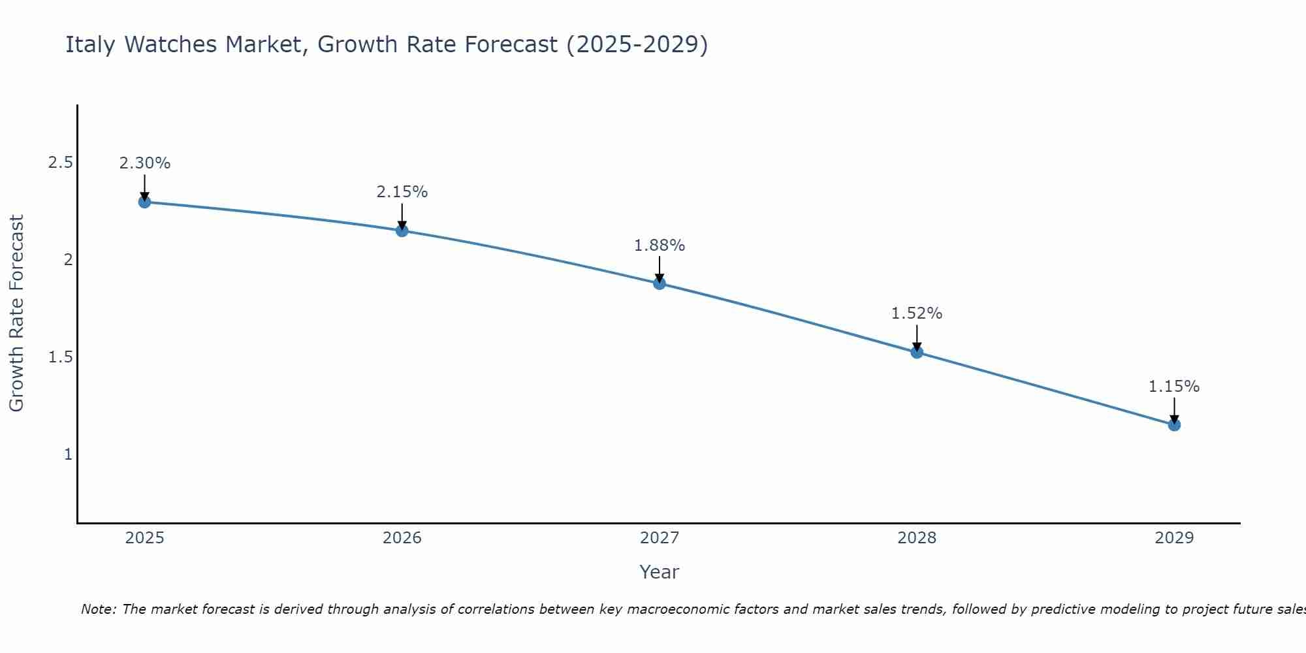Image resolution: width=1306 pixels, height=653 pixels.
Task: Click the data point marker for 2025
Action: [x=144, y=202]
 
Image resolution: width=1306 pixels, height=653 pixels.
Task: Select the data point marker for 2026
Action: [x=402, y=231]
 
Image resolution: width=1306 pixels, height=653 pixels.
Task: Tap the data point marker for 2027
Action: [x=660, y=283]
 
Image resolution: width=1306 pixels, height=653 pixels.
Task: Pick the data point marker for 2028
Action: [x=917, y=353]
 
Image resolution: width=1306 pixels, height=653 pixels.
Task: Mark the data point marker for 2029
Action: [x=1174, y=425]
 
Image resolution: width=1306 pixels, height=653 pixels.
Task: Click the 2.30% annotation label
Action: [x=144, y=163]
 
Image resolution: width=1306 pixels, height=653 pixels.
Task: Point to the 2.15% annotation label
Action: [x=402, y=192]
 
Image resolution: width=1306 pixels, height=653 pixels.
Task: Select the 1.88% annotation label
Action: [x=660, y=246]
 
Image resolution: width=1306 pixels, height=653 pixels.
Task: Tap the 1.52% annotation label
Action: [x=917, y=313]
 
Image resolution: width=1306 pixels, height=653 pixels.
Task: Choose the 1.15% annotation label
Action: [x=1174, y=387]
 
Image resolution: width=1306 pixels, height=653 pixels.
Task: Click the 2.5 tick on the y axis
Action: [x=60, y=163]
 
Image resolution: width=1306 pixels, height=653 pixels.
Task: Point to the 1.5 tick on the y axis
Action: [x=60, y=357]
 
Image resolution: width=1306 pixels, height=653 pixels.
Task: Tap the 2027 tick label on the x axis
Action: [x=660, y=538]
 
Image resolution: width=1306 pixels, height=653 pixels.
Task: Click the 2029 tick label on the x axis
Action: [x=1174, y=538]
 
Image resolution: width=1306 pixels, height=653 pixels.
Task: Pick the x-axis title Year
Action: [x=660, y=572]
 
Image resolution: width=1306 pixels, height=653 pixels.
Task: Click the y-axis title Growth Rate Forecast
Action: [x=16, y=313]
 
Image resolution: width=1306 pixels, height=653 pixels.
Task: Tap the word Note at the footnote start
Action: [x=98, y=609]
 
